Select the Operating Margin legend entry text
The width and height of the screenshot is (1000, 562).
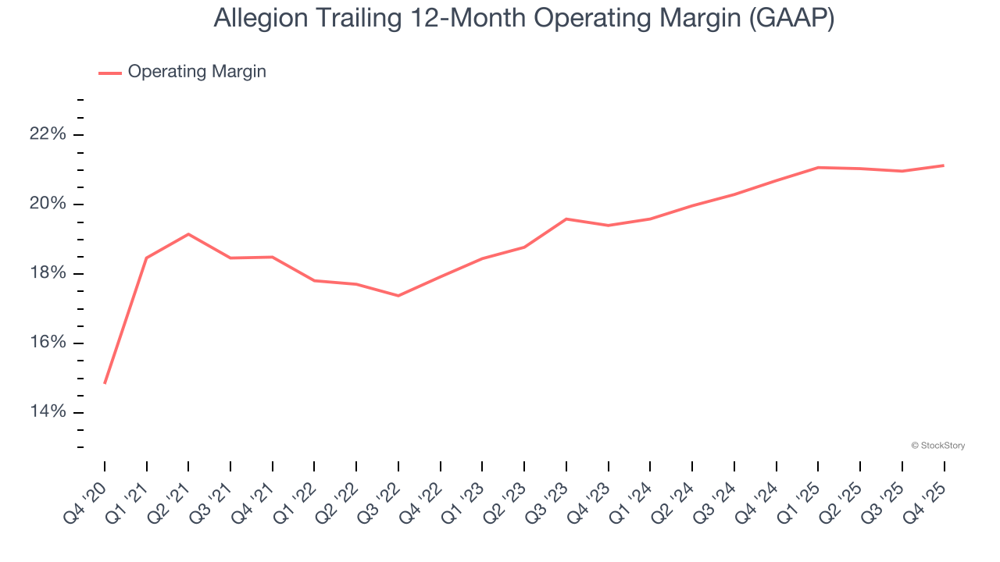pyautogui.click(x=197, y=72)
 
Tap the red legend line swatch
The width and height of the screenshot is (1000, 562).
pyautogui.click(x=110, y=73)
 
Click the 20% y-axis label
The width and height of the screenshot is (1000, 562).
pyautogui.click(x=48, y=204)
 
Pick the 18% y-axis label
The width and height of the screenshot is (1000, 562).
pyautogui.click(x=48, y=273)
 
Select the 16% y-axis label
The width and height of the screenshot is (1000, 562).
pyautogui.click(x=48, y=343)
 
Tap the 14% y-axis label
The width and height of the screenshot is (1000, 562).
pyautogui.click(x=48, y=412)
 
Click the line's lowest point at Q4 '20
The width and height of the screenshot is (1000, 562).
pyautogui.click(x=105, y=383)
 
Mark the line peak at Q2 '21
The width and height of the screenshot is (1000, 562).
pyautogui.click(x=188, y=234)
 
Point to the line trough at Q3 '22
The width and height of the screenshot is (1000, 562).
pyautogui.click(x=398, y=296)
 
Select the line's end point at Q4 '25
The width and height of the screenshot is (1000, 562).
pyautogui.click(x=944, y=165)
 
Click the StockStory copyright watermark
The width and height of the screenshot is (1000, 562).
pyautogui.click(x=937, y=446)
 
